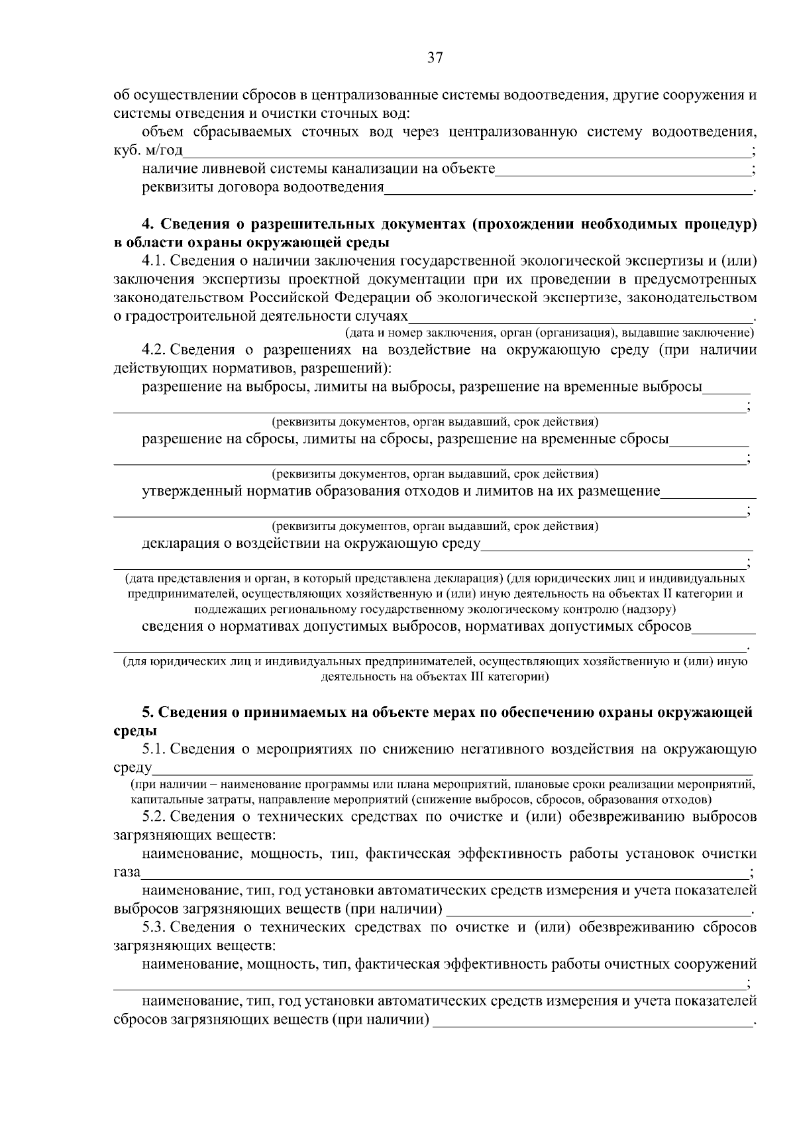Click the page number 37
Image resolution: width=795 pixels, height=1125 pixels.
[435, 58]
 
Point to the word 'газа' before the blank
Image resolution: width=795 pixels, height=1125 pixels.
[127, 872]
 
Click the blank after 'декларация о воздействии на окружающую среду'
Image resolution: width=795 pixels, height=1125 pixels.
[616, 546]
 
